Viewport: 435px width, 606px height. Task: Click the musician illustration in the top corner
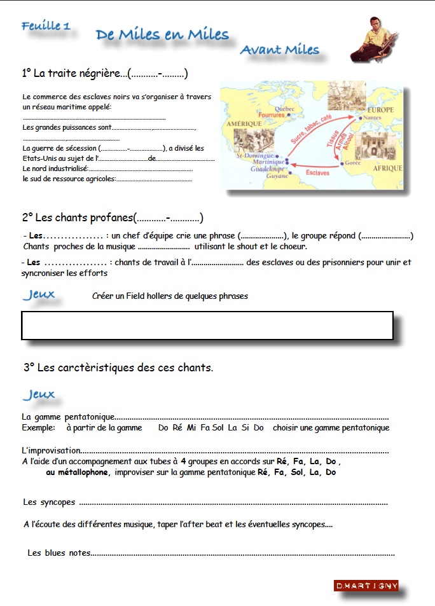pos(375,39)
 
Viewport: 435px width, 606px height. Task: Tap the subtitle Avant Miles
pos(280,50)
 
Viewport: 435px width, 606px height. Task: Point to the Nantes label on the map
pos(374,118)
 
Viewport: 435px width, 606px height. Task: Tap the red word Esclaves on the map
pos(317,172)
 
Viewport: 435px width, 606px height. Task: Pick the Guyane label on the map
pos(277,176)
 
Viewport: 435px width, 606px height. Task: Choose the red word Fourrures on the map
pos(272,115)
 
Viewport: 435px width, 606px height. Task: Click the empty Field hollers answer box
pos(207,326)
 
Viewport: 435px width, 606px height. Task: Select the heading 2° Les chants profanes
pos(113,218)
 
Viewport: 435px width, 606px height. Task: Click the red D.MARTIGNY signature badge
pos(366,586)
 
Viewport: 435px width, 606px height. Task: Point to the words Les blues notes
pos(59,553)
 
